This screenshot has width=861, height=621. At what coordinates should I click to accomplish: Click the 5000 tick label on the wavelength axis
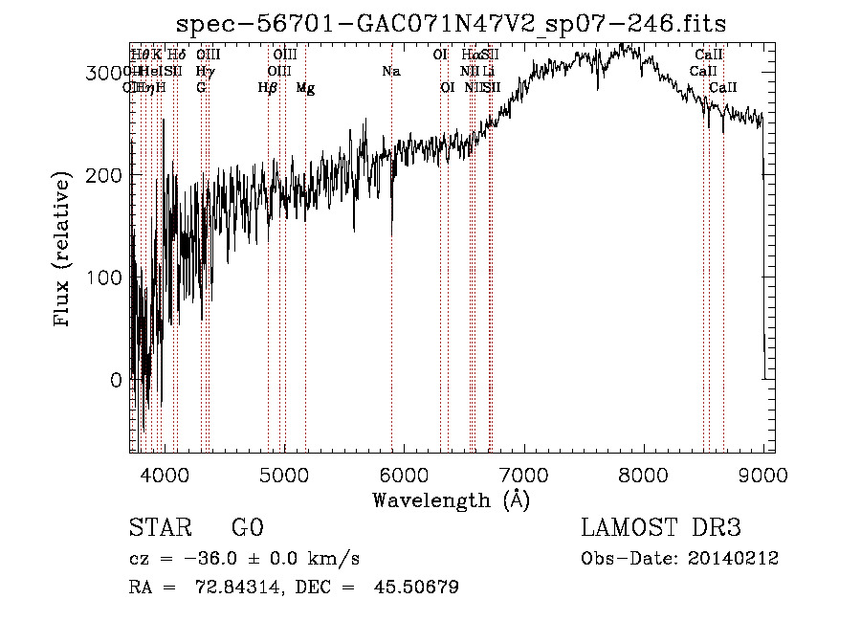tap(283, 474)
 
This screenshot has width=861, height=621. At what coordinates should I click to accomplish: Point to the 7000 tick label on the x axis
tap(523, 474)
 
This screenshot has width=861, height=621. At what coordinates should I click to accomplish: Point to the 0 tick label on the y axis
tap(116, 380)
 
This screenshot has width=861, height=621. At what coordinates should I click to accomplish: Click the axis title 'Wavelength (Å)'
tap(451, 499)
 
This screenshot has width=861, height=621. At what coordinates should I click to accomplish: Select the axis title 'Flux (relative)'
tap(64, 251)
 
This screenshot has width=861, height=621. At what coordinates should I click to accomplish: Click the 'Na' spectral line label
tap(390, 72)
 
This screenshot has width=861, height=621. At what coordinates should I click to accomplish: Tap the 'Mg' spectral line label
tap(305, 88)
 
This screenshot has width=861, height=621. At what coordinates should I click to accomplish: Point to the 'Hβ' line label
tap(268, 88)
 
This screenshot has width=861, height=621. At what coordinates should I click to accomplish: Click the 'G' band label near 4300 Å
tap(201, 88)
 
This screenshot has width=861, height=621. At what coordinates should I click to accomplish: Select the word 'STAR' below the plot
tap(158, 528)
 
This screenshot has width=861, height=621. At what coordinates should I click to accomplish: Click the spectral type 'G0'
tap(247, 528)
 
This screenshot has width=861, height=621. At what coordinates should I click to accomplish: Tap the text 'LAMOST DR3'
tap(661, 528)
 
